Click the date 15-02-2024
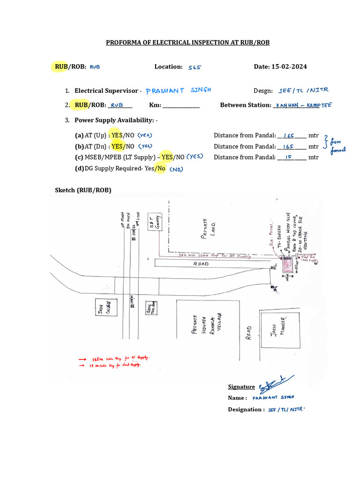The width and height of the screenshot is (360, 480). pos(289,67)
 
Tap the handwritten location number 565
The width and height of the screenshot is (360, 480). pos(195,67)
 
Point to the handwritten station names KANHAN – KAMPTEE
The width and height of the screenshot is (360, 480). pos(303,105)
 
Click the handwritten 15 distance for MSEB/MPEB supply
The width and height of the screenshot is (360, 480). pos(289,157)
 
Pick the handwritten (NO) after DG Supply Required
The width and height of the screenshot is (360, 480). pos(176,169)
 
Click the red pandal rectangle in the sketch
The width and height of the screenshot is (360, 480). pos(287,266)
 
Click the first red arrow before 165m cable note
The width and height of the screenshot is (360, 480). pos(82,359)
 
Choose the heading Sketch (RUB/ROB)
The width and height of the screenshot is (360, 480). pos(83,190)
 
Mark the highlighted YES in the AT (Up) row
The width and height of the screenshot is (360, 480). pos(117,135)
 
